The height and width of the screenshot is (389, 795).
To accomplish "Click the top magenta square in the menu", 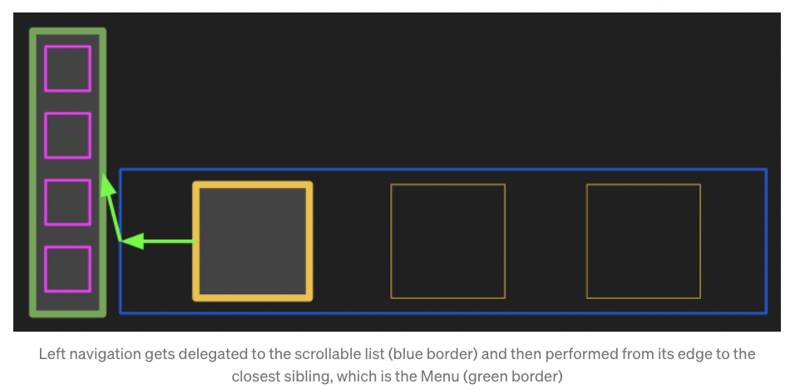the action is (x=67, y=68).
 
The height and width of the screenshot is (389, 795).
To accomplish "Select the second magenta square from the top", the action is (x=67, y=135).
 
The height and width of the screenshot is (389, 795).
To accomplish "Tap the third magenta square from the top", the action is (x=67, y=202).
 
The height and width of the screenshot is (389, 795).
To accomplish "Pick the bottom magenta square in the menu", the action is (x=67, y=268).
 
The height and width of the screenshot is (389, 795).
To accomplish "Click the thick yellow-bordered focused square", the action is (x=253, y=241).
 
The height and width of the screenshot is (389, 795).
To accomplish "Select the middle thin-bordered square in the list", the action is (x=448, y=241).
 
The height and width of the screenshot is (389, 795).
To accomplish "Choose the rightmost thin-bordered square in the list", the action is (x=644, y=241).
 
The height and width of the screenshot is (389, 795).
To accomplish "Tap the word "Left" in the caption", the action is (x=52, y=354).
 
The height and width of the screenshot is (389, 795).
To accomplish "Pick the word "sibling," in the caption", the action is (x=307, y=376).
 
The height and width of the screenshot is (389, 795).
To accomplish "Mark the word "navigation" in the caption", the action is (x=102, y=354).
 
